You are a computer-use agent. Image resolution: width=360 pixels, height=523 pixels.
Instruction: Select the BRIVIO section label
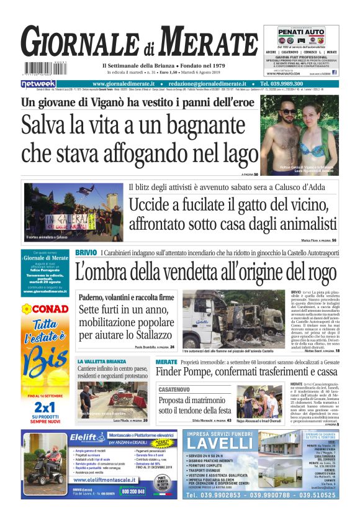pos(86,253)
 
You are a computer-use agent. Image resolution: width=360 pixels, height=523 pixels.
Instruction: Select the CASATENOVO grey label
pos(177,389)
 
